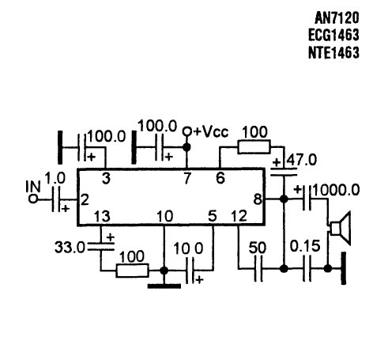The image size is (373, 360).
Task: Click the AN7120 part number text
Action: (337, 17)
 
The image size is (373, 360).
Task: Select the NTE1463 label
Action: (333, 52)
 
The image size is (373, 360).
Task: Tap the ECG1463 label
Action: (333, 35)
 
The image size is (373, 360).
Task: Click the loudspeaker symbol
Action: (341, 229)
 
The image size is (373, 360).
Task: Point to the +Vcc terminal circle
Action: (187, 131)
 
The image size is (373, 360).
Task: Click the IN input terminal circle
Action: (33, 199)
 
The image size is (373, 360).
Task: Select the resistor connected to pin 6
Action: (254, 147)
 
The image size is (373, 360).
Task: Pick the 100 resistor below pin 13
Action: (132, 271)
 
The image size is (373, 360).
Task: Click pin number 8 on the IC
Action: (258, 199)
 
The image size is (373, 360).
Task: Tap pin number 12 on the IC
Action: (239, 216)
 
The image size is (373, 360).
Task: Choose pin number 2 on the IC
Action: (85, 200)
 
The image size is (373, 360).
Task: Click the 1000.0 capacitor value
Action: (336, 190)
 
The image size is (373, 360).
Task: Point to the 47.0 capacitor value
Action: (302, 160)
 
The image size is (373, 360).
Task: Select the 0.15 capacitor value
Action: (305, 246)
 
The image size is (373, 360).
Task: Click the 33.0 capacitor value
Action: (70, 248)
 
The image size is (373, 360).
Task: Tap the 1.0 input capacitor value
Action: (55, 178)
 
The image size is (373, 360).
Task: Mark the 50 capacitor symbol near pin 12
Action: (258, 269)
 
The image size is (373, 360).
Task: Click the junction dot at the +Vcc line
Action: (186, 147)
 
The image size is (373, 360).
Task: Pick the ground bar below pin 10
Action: (164, 286)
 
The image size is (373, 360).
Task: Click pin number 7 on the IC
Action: (187, 178)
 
